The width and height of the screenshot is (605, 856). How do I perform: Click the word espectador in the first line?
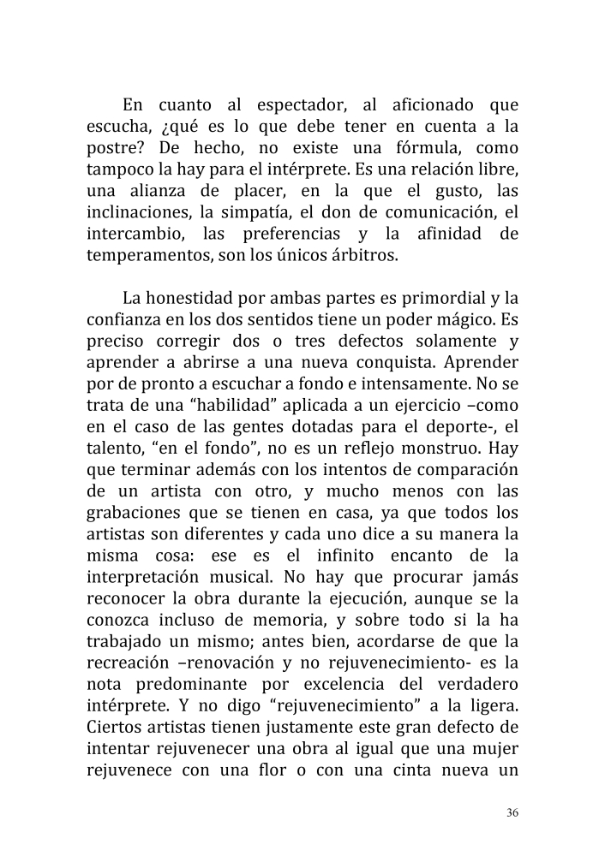(300, 106)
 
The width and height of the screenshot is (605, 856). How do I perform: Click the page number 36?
(512, 812)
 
